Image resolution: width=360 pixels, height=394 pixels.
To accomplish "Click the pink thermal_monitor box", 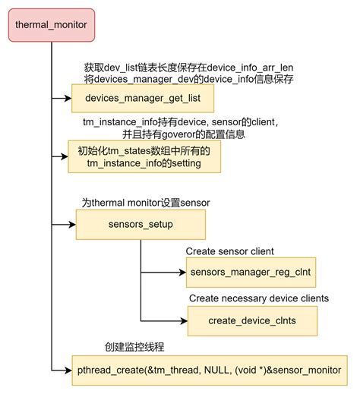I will tap(51, 26).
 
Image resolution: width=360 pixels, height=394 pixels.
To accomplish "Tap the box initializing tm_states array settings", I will tap(144, 157).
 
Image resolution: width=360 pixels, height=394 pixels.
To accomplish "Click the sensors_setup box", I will tap(141, 225).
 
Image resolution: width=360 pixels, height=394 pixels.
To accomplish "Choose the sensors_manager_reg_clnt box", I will tap(251, 271).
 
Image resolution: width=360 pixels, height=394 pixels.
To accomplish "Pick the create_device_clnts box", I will tap(252, 320).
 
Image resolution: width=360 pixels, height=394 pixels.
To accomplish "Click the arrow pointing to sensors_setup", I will tap(64, 225).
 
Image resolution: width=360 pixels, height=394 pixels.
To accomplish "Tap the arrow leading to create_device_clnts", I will tap(163, 320).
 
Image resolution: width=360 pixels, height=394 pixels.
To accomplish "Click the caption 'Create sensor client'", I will tap(229, 251).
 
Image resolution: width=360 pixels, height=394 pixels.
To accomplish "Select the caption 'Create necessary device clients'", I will tap(258, 298).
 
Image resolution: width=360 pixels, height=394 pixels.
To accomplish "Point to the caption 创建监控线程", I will tap(135, 347).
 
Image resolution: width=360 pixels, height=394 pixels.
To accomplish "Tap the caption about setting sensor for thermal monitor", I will tap(145, 203).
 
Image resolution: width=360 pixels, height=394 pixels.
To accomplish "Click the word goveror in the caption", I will tap(178, 134).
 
